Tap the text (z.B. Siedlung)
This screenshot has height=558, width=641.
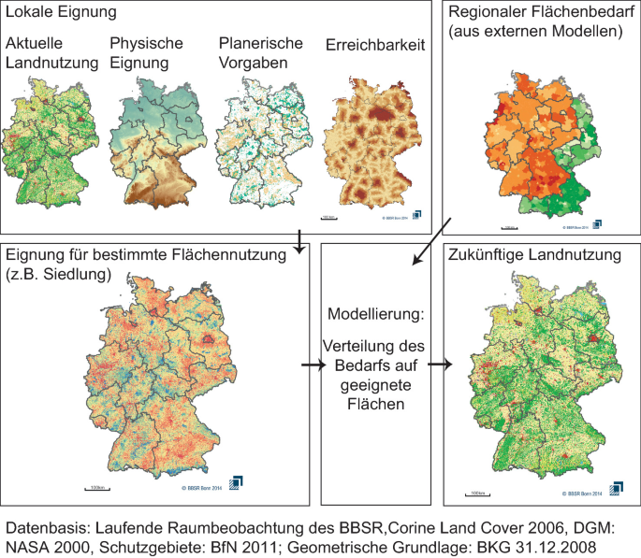[x=59, y=274]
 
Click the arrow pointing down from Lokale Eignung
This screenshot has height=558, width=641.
[x=299, y=241]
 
